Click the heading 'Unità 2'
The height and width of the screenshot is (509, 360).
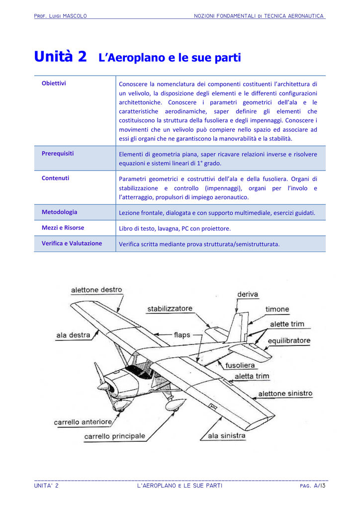tap(60, 57)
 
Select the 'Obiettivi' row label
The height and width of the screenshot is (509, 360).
tap(54, 83)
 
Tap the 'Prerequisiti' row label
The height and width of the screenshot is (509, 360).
tap(58, 153)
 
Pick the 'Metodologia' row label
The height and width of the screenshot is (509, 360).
tap(59, 212)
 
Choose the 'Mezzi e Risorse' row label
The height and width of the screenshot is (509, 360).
tap(63, 228)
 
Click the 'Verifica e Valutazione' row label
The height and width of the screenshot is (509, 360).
tap(72, 244)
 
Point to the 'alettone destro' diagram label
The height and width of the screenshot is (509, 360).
tap(96, 290)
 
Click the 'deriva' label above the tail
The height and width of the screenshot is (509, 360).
tap(248, 294)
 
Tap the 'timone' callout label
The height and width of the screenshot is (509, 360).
tap(277, 309)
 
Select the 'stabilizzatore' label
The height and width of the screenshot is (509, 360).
tap(170, 309)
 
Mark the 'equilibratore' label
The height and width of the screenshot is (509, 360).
tap(289, 341)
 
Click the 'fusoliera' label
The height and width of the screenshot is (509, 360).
tap(240, 365)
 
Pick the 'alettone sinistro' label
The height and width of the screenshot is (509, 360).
tap(285, 394)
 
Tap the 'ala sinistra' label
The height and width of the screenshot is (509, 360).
tap(227, 436)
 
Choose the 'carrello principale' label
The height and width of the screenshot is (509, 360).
tap(115, 436)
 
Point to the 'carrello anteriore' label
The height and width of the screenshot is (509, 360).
tap(83, 422)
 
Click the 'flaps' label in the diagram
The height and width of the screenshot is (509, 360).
tap(182, 335)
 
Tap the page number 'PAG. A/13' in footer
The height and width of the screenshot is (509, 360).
tap(313, 486)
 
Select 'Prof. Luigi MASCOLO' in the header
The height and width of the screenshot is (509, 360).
tap(60, 16)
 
